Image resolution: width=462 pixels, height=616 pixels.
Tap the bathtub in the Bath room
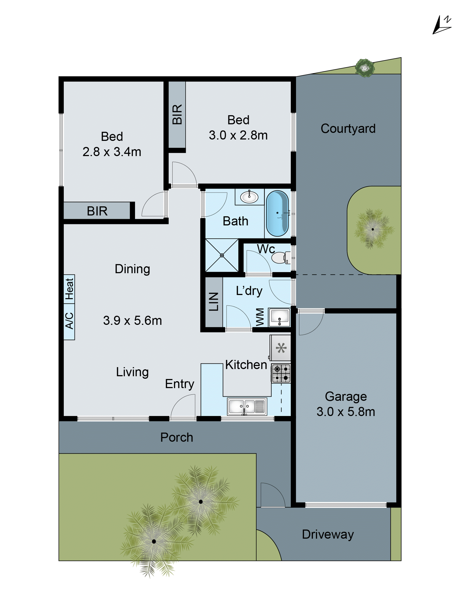pos(277,213)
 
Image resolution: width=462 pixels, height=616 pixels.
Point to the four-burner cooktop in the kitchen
pos(281,373)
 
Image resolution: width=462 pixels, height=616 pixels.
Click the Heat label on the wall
pos(69,289)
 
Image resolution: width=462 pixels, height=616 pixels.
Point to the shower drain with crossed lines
pos(222,255)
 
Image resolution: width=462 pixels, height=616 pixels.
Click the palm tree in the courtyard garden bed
pos(373,229)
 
